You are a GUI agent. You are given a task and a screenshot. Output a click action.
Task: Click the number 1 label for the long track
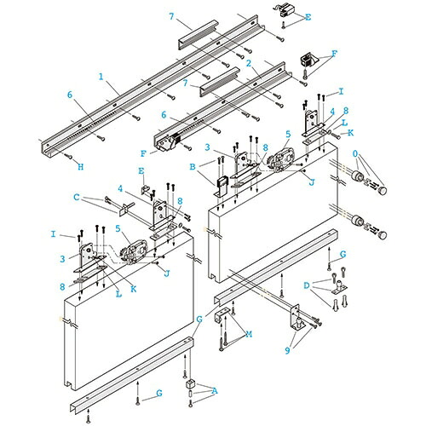point(101,77)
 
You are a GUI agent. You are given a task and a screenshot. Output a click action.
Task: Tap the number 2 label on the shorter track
point(249,63)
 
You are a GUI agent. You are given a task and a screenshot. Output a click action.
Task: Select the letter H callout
point(81,167)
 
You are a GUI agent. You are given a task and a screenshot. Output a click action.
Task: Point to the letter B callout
point(193,167)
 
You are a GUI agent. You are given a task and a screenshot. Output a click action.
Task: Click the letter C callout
point(77,197)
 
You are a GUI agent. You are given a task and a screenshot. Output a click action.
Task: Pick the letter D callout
point(307,285)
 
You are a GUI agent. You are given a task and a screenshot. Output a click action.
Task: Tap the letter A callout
point(215,391)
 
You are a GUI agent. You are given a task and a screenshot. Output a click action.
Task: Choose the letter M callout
point(249,334)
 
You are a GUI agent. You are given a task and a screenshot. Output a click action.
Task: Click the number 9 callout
point(287,351)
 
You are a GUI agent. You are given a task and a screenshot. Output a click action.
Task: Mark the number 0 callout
point(355,153)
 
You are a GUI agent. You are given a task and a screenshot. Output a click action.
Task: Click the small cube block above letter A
point(189,384)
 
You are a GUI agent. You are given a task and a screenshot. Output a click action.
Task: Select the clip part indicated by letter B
point(220,186)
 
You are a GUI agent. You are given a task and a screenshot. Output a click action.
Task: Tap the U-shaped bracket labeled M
point(222,316)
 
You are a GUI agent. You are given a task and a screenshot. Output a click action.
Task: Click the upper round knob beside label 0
point(383,190)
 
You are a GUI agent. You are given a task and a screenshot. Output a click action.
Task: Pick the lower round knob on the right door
point(383,235)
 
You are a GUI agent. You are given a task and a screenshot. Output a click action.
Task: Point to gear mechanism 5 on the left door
point(134,252)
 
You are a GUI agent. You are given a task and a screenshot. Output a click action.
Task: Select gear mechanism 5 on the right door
point(281,159)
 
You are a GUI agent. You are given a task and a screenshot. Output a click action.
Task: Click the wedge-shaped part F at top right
point(308,60)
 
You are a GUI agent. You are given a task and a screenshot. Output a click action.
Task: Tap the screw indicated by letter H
point(68,155)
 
